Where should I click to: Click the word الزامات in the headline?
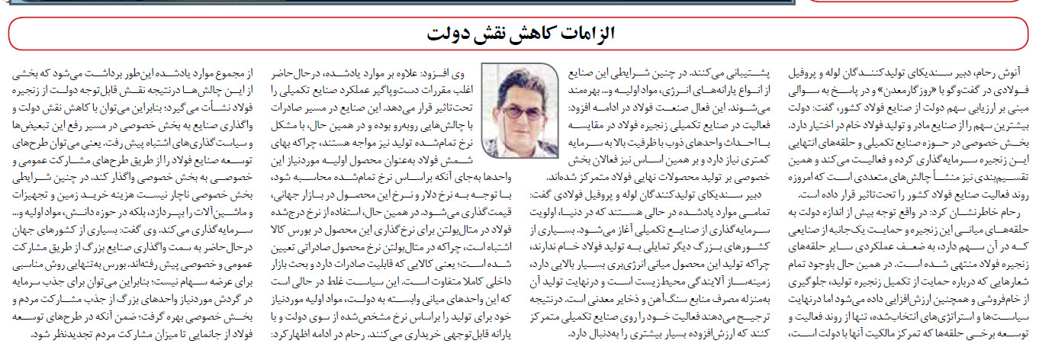(x=590, y=34)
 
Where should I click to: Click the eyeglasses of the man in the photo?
(x=523, y=109)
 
